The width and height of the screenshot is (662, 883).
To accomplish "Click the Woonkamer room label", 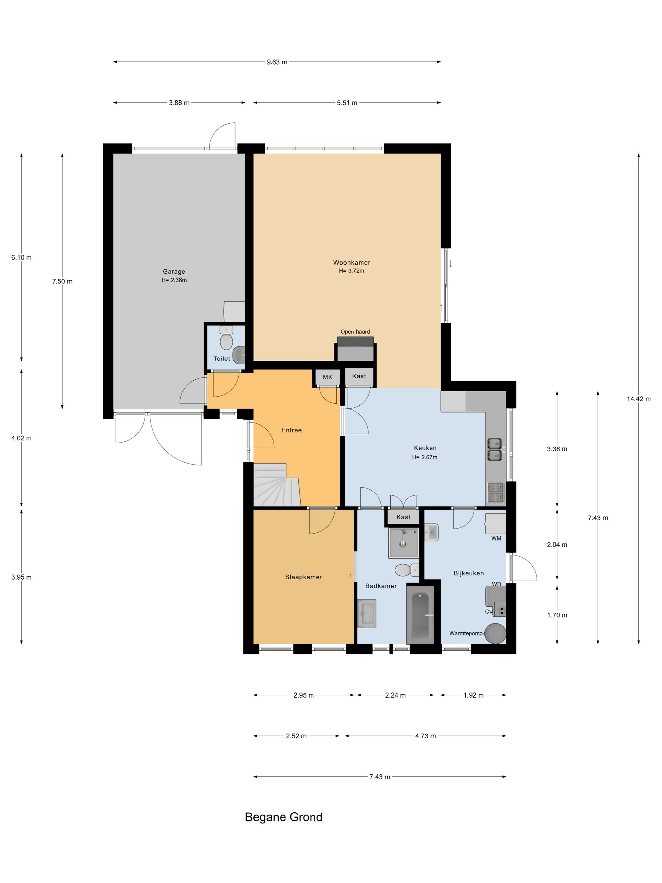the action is point(351,262).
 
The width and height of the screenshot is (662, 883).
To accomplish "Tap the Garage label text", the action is point(174,272).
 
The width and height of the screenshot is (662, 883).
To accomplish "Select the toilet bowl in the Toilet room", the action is point(226,339).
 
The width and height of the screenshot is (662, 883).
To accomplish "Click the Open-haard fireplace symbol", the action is point(355,349).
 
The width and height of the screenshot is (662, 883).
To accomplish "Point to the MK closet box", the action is point(328,377).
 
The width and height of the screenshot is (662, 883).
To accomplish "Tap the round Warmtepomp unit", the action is point(495,633).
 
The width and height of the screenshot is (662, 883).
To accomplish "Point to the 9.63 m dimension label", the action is point(277,62).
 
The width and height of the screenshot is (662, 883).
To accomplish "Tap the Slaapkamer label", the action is point(304,577).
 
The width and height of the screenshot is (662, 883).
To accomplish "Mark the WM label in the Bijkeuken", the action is point(496,538).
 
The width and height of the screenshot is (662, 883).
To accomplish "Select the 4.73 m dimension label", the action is point(425,736).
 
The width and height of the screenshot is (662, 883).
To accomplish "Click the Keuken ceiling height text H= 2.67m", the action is point(425,457).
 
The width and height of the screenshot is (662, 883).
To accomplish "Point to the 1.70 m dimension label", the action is point(557,615).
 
